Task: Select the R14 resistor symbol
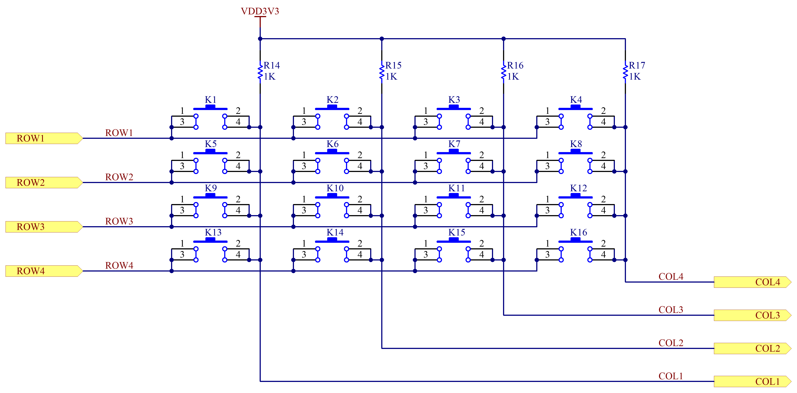[260, 72]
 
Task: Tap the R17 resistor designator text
[637, 65]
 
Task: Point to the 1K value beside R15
[391, 77]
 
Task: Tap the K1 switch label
[210, 100]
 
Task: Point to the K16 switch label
[579, 232]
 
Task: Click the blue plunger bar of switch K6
[332, 152]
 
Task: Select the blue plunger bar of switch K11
[454, 196]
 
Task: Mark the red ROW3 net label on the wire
[119, 221]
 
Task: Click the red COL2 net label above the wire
[671, 343]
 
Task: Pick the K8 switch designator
[576, 144]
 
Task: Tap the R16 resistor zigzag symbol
[504, 72]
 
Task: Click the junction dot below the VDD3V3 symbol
[260, 39]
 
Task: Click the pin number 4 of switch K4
[603, 122]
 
